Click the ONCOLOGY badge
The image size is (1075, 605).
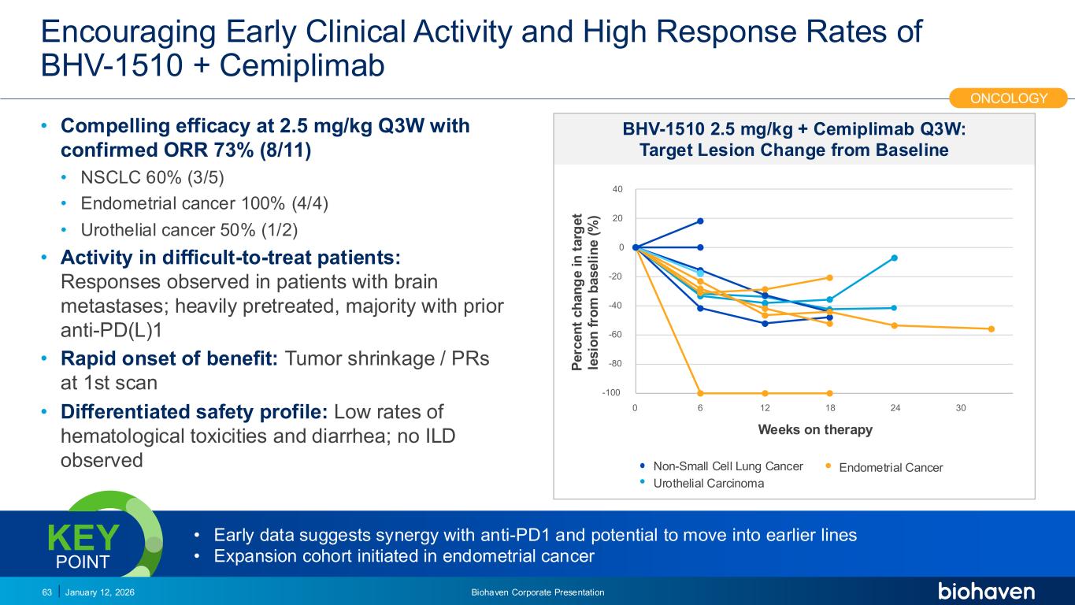[x=1009, y=98]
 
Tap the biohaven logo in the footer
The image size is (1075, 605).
[x=986, y=591]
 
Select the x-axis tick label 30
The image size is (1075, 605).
[x=960, y=408]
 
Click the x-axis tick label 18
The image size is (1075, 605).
[x=830, y=408]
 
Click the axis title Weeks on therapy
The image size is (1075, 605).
[x=815, y=430]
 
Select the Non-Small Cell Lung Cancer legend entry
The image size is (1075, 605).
[x=728, y=466]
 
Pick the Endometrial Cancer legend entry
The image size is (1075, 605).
[x=890, y=468]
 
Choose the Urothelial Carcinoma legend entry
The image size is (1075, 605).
[x=708, y=484]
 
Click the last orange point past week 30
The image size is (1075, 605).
[x=992, y=328]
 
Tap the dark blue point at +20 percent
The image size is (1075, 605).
[x=700, y=221]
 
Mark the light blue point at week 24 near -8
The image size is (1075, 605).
[x=895, y=258]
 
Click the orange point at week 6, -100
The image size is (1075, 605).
[x=700, y=393]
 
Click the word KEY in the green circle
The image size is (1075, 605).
[x=83, y=539]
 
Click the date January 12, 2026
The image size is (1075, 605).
[x=99, y=592]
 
